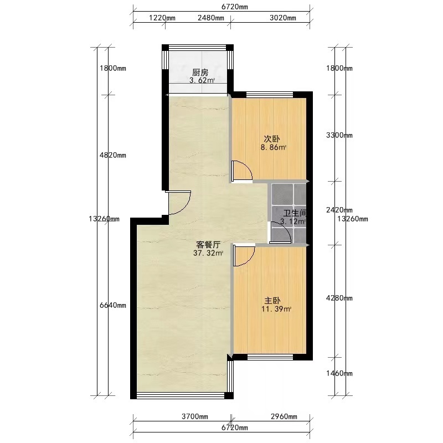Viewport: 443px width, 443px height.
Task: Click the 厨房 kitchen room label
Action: point(200,73)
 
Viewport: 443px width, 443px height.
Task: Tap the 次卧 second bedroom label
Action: point(272,139)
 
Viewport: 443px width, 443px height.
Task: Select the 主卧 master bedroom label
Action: point(272,301)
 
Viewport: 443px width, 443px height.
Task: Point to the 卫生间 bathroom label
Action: point(295,213)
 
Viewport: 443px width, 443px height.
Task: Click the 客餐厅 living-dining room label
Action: point(208,245)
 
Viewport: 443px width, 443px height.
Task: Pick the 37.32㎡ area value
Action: point(208,253)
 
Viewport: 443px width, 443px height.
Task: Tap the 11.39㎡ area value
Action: point(276,309)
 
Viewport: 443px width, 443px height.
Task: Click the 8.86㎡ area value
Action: point(273,147)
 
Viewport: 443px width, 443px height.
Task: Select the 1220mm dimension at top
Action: point(162,18)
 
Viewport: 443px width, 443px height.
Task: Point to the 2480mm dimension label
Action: point(211,18)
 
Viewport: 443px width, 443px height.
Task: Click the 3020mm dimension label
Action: point(283,18)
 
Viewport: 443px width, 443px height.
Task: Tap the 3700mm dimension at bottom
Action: point(195,416)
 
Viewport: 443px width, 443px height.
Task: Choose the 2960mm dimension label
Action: point(284,416)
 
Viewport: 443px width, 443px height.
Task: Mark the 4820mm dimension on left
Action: point(113,155)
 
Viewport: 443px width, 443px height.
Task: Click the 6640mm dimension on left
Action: point(113,306)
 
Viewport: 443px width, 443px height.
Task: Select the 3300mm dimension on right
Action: point(339,135)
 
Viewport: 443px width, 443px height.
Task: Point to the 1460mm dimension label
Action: point(339,373)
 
